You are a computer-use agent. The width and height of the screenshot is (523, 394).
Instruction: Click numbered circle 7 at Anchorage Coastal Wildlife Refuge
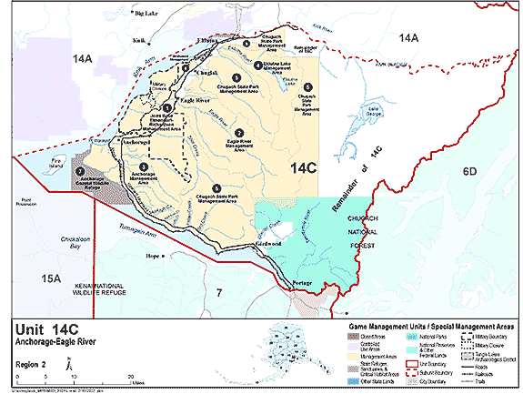[x=81, y=170]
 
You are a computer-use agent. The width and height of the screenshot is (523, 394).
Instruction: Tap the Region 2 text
[x=31, y=360]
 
